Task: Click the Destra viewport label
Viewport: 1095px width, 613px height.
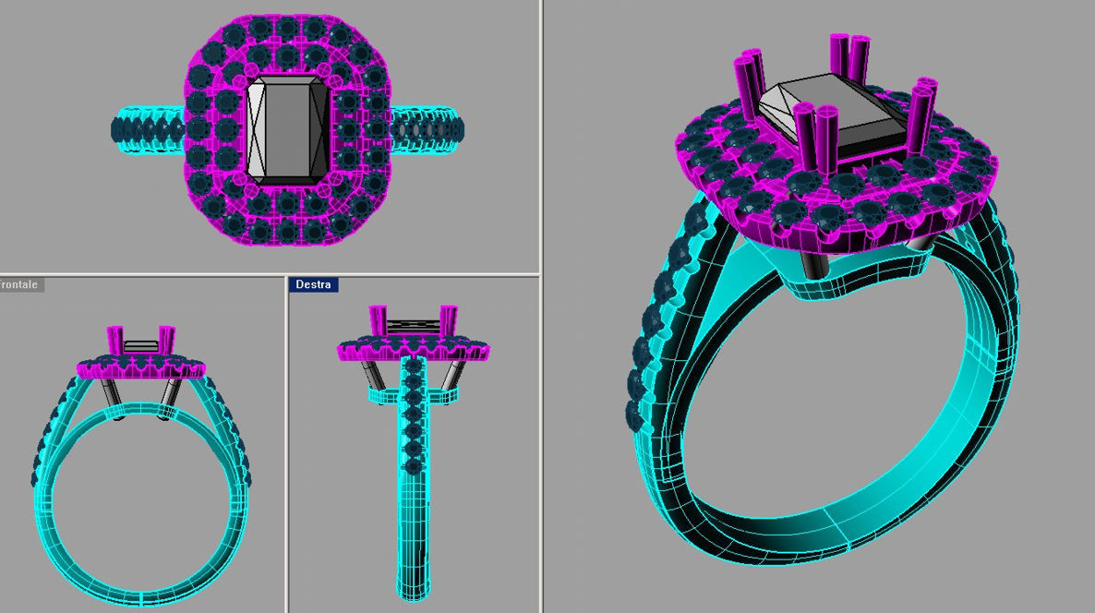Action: click(x=314, y=284)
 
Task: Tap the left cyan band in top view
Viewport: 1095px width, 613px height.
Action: click(x=148, y=129)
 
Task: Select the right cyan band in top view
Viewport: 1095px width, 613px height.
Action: click(x=427, y=128)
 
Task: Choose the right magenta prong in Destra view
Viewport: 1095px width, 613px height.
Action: click(x=448, y=321)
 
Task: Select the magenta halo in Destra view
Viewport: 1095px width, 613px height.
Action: click(x=413, y=350)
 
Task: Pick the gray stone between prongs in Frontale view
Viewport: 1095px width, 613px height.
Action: click(x=141, y=346)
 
